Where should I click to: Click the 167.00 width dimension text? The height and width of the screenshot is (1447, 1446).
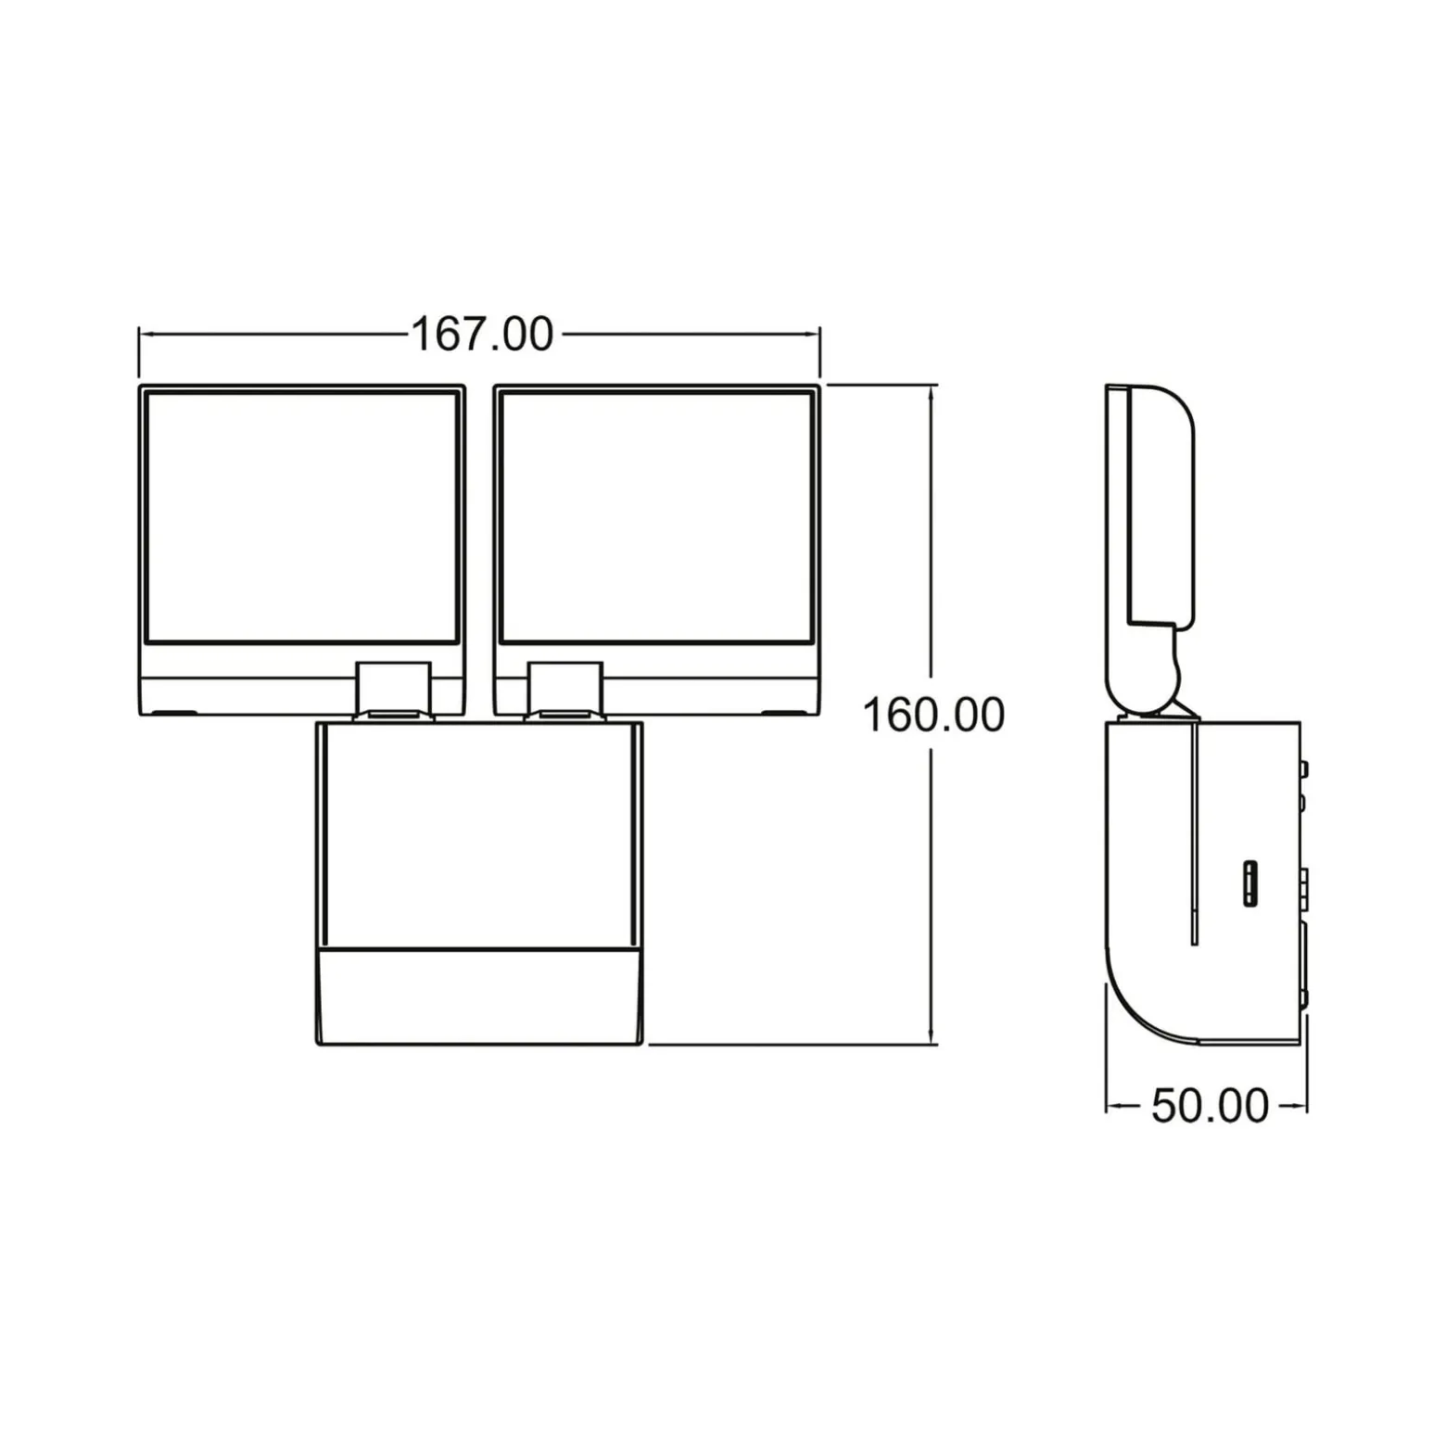tap(481, 335)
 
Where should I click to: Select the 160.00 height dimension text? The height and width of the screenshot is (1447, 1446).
tap(933, 716)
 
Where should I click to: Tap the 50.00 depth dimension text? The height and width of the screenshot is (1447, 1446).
tap(1210, 1106)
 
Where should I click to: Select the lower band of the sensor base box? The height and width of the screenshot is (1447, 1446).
tap(479, 997)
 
